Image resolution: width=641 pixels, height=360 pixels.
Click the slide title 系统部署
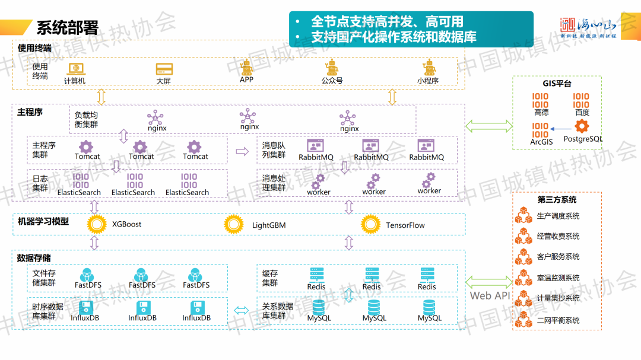pos(67,28)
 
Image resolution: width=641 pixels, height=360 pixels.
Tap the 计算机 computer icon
pos(75,69)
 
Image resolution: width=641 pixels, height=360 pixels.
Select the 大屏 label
pos(164,81)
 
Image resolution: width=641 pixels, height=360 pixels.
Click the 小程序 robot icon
pos(427,68)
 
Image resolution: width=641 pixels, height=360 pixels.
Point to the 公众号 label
pos(332,81)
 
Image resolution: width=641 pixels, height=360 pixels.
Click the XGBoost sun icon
pos(96,224)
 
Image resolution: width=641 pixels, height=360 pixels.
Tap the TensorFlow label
pos(405,225)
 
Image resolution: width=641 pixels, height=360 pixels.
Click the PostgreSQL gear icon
pos(582,126)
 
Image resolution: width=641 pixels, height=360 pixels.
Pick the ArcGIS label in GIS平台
pos(541,142)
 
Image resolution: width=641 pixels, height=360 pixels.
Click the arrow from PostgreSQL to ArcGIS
pos(560,128)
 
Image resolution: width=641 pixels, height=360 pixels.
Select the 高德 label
pos(541,112)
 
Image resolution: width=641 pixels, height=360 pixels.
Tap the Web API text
pos(490,295)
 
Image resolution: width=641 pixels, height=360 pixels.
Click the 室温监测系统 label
pos(558,278)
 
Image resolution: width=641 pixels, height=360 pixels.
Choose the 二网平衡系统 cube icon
pos(522,320)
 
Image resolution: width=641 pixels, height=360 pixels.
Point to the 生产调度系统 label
pos(558,216)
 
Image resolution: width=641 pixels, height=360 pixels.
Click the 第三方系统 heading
pos(557,200)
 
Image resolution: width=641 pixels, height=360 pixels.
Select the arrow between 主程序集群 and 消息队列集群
pos(242,152)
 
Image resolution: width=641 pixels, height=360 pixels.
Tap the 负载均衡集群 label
pos(86,119)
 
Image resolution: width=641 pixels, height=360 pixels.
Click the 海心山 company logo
pos(588,27)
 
